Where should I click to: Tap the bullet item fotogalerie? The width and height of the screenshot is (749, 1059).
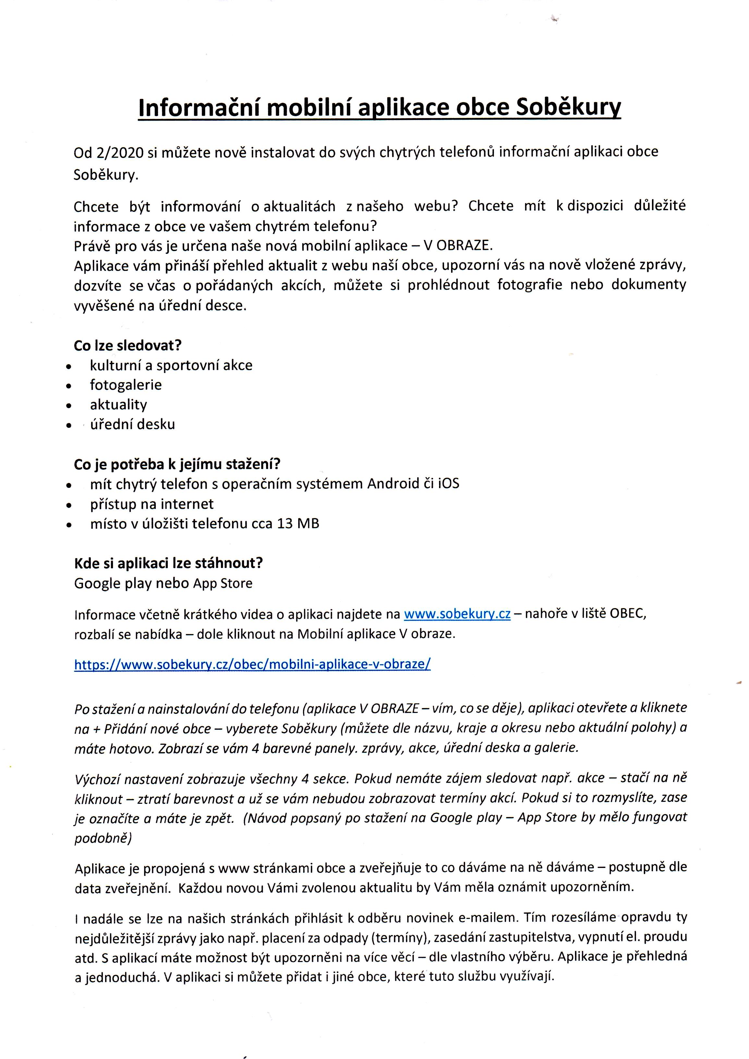click(x=126, y=385)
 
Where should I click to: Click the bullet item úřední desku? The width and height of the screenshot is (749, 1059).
click(x=132, y=424)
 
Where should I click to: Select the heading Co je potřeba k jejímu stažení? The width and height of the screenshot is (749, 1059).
click(x=177, y=464)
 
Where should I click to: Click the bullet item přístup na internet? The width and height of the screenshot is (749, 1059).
click(x=152, y=504)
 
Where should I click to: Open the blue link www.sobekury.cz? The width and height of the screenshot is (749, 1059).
click(x=457, y=614)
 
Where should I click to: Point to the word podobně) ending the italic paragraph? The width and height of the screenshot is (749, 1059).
click(x=103, y=838)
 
